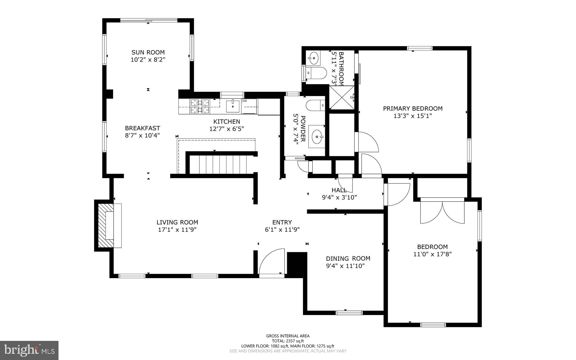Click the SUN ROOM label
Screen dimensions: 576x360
(148, 52)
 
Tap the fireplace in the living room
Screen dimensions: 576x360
(108, 225)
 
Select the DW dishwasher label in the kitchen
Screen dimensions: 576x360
(244, 101)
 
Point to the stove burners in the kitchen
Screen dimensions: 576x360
(200, 106)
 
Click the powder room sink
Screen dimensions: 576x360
(317, 137)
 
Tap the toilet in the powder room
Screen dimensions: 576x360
(315, 106)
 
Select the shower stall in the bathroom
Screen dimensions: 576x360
(342, 97)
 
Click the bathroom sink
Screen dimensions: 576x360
(313, 58)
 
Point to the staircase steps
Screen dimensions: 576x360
(218, 165)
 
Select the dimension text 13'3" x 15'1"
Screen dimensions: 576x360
(413, 116)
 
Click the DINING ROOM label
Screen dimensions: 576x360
(348, 258)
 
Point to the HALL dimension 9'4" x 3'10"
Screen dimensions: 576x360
(339, 197)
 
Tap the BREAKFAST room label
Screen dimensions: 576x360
(143, 128)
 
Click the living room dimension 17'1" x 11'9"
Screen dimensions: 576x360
(177, 230)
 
